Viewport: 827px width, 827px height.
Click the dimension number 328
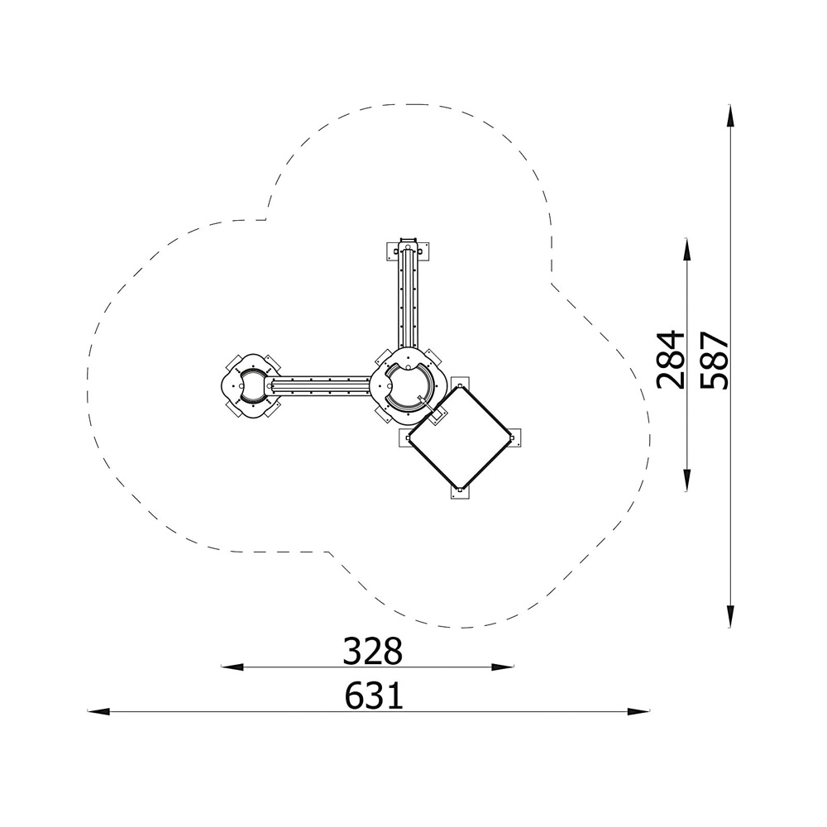pos(373,651)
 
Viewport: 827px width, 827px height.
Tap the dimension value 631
pos(374,696)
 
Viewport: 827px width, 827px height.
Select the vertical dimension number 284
pos(671,360)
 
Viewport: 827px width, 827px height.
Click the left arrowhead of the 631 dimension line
pos(98,711)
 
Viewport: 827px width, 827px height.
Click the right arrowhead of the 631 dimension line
pos(638,711)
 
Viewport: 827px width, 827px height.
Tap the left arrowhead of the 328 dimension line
pos(232,667)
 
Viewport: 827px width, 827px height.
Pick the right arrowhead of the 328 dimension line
pos(503,667)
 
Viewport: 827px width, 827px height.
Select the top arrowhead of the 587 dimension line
pos(730,116)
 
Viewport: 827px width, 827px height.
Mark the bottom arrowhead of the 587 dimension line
pos(730,616)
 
